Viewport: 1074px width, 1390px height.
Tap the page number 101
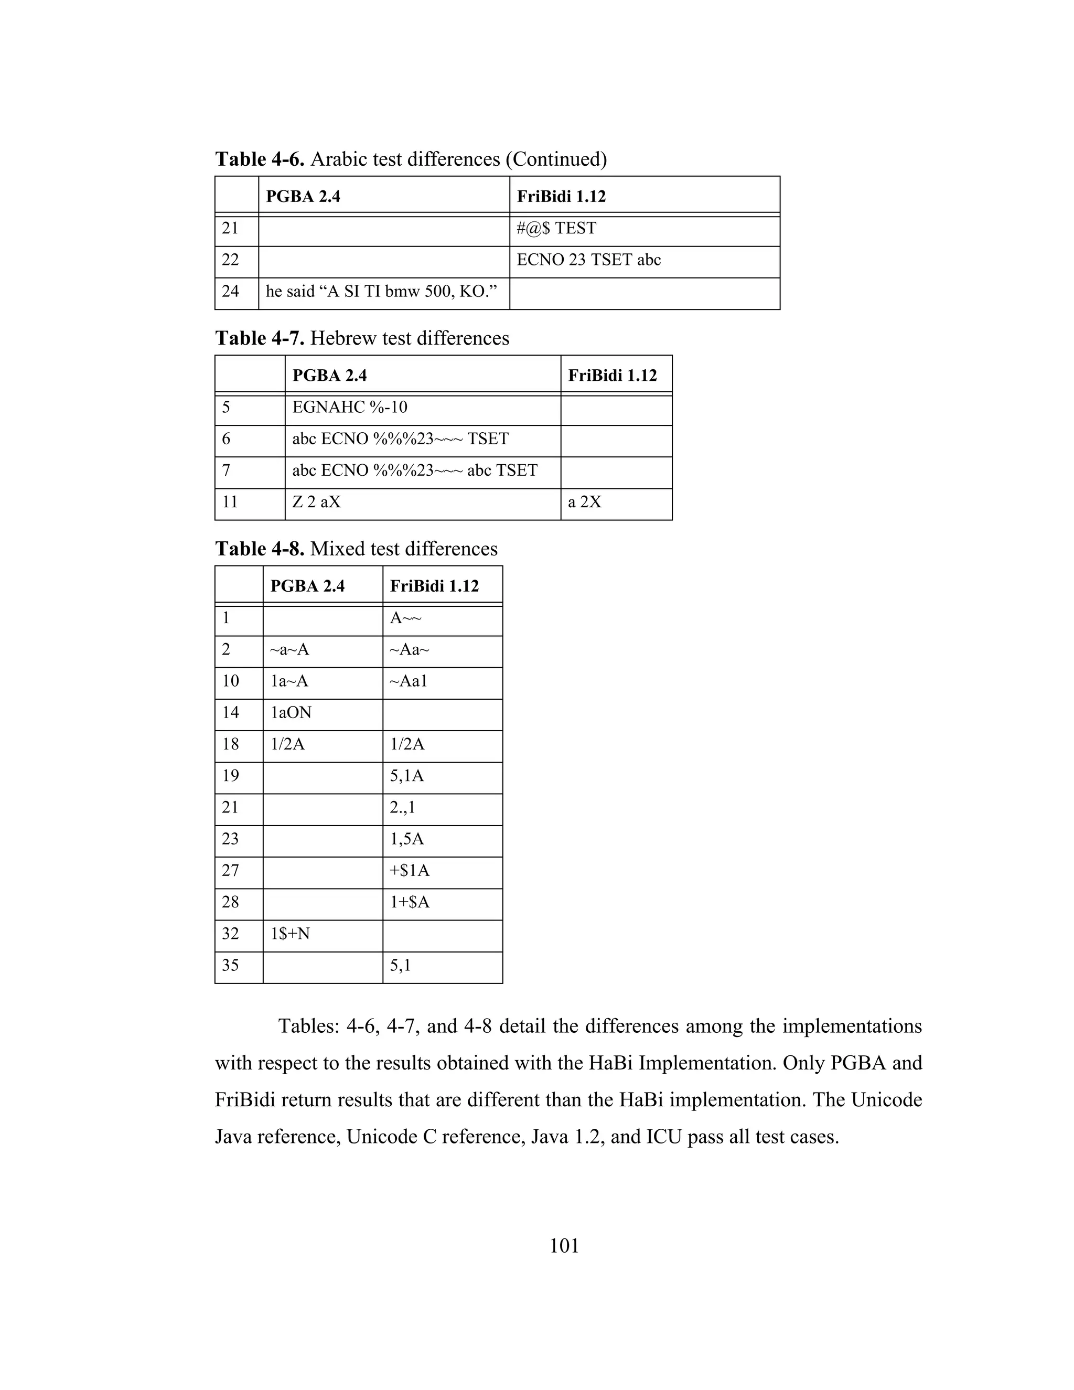pos(564,1246)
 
